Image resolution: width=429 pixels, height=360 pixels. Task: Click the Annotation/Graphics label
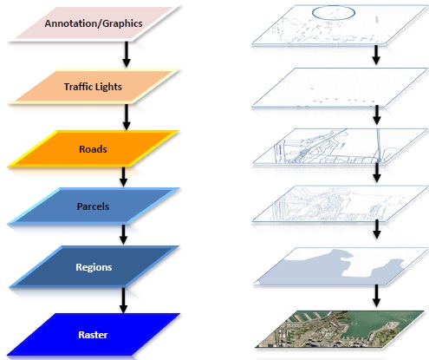point(94,23)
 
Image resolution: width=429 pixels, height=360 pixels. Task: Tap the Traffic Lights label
point(93,87)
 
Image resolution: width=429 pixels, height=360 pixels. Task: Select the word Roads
point(93,149)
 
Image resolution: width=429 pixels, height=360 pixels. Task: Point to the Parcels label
point(93,206)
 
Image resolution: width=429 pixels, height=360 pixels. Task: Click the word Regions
point(94,267)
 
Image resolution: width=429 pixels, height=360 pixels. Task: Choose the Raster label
point(93,335)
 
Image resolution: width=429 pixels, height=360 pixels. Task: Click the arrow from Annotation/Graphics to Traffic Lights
point(127,55)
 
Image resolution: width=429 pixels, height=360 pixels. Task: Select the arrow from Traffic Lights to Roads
point(127,117)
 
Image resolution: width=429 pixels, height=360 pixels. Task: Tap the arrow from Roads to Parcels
point(123,177)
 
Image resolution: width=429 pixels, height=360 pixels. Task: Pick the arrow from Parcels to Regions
point(123,234)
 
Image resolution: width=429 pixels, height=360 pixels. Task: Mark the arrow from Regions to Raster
point(123,300)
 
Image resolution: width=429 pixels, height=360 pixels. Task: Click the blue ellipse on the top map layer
point(334,7)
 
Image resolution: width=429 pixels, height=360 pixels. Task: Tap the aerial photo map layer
point(340,329)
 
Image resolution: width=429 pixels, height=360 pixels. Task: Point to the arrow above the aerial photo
point(376,296)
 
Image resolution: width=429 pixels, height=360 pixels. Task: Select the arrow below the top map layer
point(376,55)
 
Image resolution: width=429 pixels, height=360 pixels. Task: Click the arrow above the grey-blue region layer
point(376,229)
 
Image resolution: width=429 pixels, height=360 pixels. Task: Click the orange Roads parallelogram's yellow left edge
point(32,149)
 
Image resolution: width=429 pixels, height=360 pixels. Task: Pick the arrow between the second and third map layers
point(376,115)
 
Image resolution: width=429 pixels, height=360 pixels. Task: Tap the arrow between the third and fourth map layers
point(376,173)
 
